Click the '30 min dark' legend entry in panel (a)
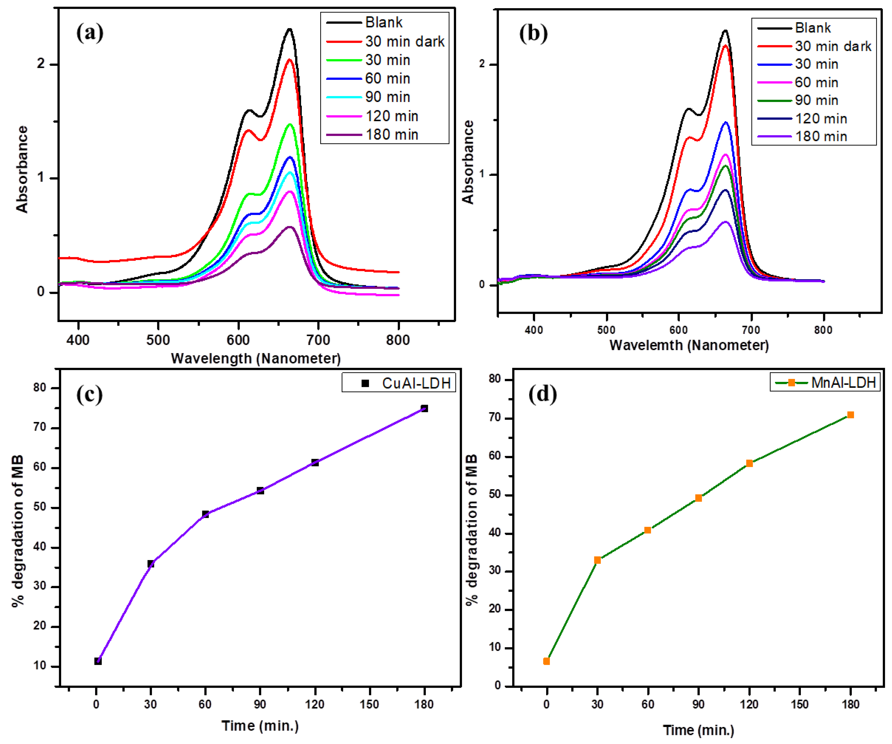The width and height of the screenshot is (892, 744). [404, 42]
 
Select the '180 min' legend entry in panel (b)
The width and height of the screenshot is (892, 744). [821, 137]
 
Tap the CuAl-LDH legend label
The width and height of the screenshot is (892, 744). [416, 383]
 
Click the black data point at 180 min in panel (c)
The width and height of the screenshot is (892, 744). [424, 408]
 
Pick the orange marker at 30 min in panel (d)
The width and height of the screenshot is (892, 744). [597, 560]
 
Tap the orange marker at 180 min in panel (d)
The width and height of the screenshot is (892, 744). [850, 415]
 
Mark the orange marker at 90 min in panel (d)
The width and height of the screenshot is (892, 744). [698, 498]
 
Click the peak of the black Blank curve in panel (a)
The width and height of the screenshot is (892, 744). [290, 29]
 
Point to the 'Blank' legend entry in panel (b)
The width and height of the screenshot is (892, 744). [813, 28]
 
